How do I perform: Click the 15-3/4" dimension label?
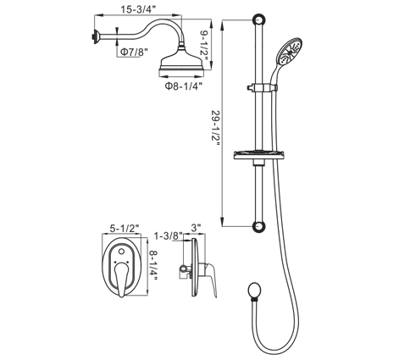138,9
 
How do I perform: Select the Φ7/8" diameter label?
134,52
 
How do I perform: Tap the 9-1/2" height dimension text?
204,45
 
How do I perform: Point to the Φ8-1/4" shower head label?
184,86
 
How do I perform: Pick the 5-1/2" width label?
125,229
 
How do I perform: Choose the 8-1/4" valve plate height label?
153,265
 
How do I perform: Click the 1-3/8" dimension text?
169,235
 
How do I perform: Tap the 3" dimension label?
196,228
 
